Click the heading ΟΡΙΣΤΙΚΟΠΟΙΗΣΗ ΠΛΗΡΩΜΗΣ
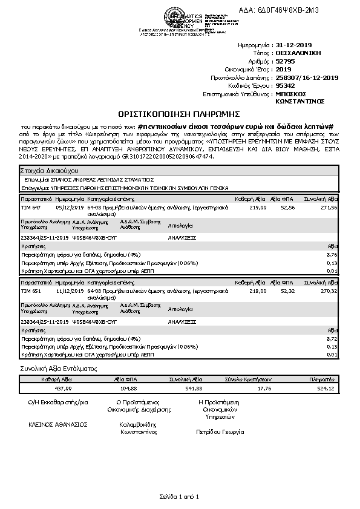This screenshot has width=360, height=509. [179, 113]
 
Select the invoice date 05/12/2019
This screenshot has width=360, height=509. [67, 207]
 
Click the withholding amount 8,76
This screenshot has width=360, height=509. [332, 255]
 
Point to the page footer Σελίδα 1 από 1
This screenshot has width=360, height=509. [179, 496]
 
